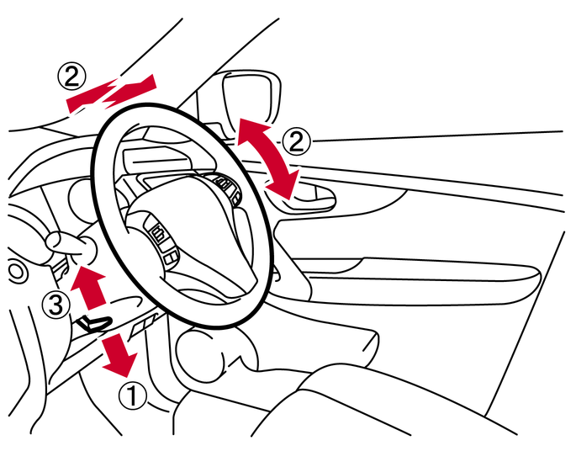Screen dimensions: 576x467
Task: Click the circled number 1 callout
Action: pyautogui.click(x=133, y=395)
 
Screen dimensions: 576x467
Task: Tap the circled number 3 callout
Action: pyautogui.click(x=55, y=305)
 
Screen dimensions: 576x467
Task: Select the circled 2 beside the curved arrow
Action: pyautogui.click(x=296, y=142)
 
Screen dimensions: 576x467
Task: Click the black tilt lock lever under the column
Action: pyautogui.click(x=93, y=322)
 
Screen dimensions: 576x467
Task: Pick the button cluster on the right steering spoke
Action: pyautogui.click(x=227, y=187)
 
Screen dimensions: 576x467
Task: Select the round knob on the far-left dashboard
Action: pyautogui.click(x=16, y=271)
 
